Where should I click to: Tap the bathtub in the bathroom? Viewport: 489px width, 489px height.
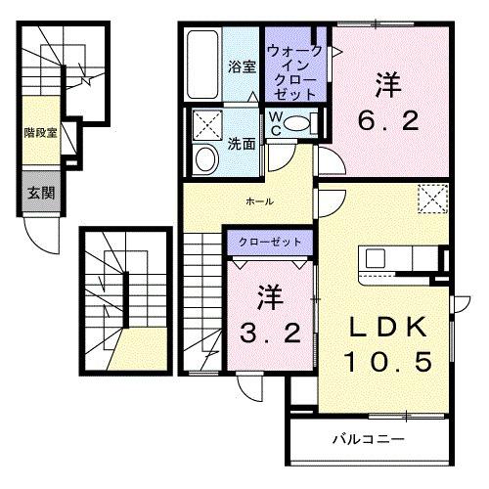click(x=201, y=65)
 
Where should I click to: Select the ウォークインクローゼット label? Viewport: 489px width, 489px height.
click(x=292, y=69)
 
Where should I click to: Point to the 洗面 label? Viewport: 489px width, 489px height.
click(x=242, y=142)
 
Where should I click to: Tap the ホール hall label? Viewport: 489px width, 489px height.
click(x=258, y=202)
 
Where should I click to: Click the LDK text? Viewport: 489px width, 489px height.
click(x=385, y=325)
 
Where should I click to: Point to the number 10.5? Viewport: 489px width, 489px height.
click(x=385, y=363)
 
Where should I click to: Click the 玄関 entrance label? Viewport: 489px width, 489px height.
click(x=40, y=193)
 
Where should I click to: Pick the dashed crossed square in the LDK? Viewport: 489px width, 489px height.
click(x=430, y=199)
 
